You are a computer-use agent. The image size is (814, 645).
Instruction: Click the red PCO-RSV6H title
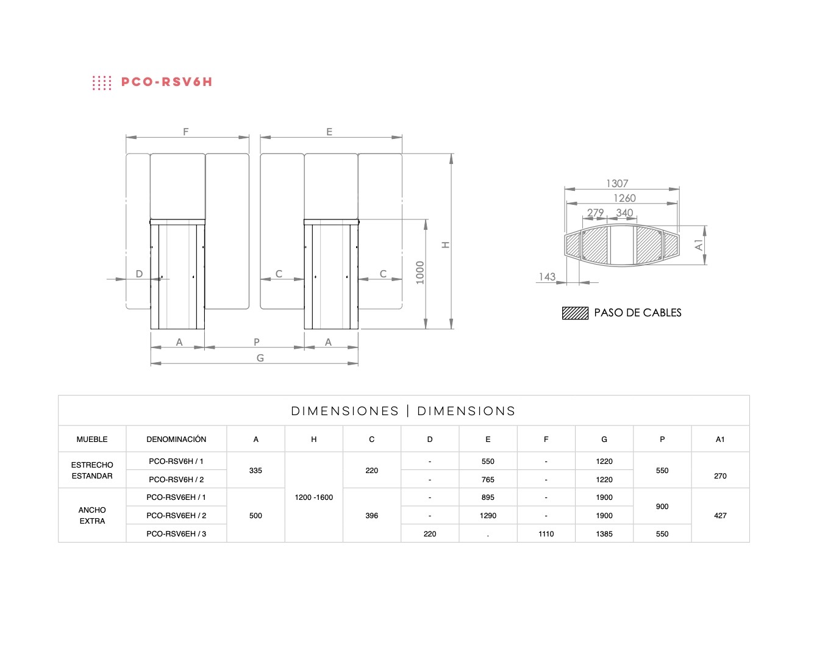point(167,82)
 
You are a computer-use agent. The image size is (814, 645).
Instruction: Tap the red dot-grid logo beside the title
point(102,83)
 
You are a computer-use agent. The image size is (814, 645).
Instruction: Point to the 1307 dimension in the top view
point(617,184)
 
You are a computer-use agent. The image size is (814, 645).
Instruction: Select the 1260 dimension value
point(624,198)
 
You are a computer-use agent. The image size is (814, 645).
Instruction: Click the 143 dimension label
point(547,277)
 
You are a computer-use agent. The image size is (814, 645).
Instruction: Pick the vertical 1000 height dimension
point(420,273)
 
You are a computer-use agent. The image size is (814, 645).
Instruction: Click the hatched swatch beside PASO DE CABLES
point(575,313)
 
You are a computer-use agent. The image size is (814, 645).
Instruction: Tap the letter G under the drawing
point(260,358)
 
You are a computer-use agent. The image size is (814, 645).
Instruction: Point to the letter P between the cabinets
point(257,342)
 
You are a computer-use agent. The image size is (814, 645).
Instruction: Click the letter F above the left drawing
point(186,132)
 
